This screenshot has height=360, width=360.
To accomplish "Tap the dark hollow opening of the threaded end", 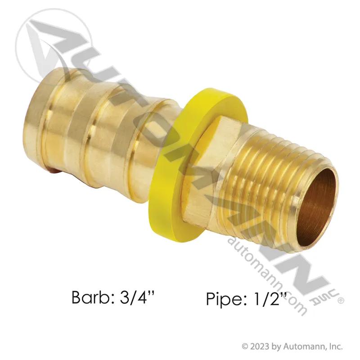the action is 318,207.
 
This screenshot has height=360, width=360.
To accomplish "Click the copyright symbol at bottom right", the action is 245,346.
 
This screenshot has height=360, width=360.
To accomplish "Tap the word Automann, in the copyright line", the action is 303,346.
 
